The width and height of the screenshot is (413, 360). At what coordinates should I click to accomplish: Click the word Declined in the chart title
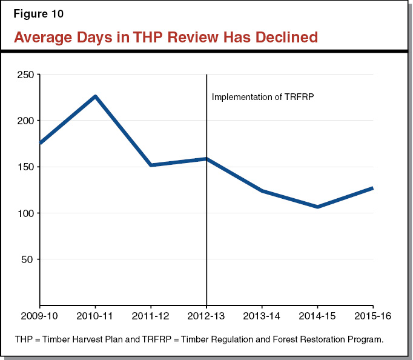point(285,37)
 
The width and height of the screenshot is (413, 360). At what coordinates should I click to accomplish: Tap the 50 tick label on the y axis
point(28,259)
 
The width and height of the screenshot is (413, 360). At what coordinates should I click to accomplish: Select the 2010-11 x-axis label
point(95,317)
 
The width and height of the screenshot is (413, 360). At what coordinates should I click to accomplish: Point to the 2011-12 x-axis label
point(151,317)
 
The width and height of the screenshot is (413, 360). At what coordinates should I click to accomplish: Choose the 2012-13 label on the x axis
point(206,317)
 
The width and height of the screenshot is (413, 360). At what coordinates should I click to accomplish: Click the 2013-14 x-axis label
point(262,317)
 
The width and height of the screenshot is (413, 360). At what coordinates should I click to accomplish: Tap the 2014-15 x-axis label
point(318,317)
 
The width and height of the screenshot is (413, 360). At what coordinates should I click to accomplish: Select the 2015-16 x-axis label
point(371,317)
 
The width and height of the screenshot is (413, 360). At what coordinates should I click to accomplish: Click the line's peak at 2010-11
point(95,96)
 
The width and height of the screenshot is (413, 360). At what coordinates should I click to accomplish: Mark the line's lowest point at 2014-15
point(318,207)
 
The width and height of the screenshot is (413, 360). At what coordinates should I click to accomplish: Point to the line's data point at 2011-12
point(151,165)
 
